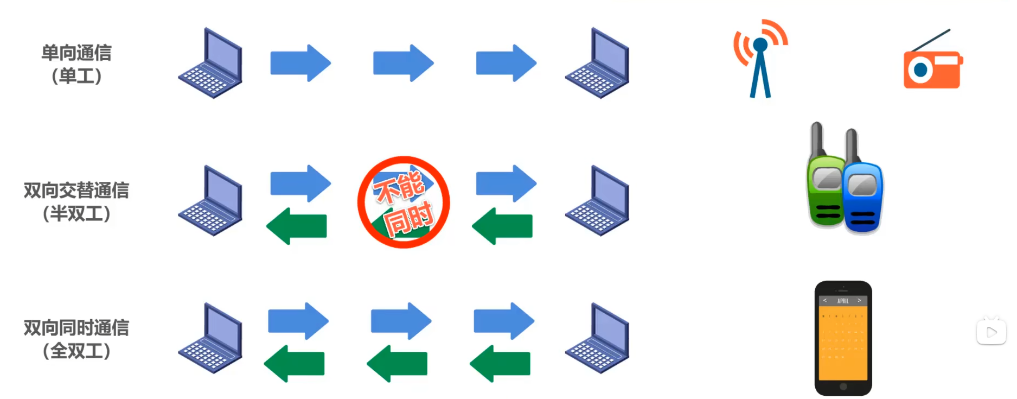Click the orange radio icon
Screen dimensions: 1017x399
[x=932, y=69]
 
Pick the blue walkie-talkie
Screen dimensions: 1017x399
[x=862, y=195]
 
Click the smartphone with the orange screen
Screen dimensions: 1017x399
[x=843, y=338]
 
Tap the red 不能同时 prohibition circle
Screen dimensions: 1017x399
[x=404, y=202]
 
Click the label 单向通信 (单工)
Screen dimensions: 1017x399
[x=76, y=64]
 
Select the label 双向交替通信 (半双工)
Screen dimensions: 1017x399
[x=76, y=202]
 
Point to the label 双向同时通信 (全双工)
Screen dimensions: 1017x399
[x=76, y=339]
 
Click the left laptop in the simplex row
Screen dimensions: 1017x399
[x=210, y=64]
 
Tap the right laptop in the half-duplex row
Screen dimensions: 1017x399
[x=597, y=201]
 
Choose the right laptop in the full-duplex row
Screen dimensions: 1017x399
[x=597, y=338]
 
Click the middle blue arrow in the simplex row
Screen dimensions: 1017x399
[x=403, y=63]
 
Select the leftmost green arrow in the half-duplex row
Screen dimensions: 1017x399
[x=297, y=226]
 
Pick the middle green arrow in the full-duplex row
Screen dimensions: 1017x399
[x=397, y=363]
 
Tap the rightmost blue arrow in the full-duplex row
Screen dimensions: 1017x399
[x=504, y=321]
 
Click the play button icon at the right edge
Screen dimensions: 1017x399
[x=992, y=332]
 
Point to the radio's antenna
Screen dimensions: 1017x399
[x=931, y=40]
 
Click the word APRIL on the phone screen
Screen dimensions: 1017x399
[x=843, y=301]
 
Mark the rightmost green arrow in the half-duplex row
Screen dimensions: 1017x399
[x=502, y=226]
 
